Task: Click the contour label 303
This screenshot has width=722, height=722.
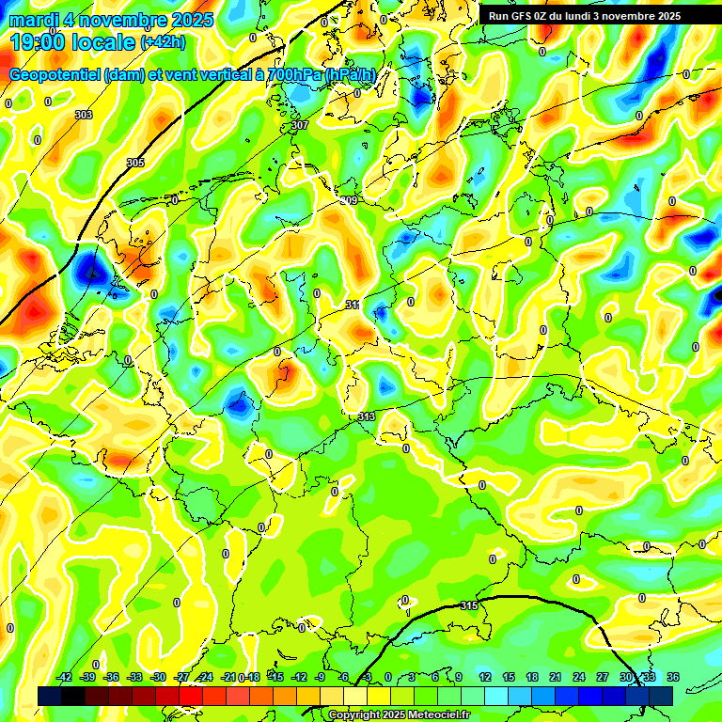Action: pos(84,115)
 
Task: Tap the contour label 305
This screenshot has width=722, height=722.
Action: pos(135,163)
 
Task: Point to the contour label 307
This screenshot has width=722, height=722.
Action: pos(300,125)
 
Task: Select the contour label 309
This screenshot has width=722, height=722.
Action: pos(349,200)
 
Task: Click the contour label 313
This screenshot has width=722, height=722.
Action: pos(367,416)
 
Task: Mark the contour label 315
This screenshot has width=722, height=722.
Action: pos(469,606)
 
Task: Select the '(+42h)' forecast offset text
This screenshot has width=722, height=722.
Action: pos(163,42)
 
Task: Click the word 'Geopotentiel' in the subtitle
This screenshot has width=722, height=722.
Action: pos(56,74)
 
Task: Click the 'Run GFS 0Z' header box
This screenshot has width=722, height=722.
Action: pos(584,16)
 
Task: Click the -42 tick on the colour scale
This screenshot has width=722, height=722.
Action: pos(65,677)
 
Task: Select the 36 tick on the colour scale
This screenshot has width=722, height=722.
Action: pos(673,677)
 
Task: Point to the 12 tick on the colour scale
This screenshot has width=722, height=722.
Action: pos(485,677)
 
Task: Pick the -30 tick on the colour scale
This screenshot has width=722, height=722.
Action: pos(159,677)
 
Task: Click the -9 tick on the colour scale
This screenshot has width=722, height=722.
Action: pos(321,677)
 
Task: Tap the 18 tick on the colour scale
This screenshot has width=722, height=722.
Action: pos(532,677)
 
